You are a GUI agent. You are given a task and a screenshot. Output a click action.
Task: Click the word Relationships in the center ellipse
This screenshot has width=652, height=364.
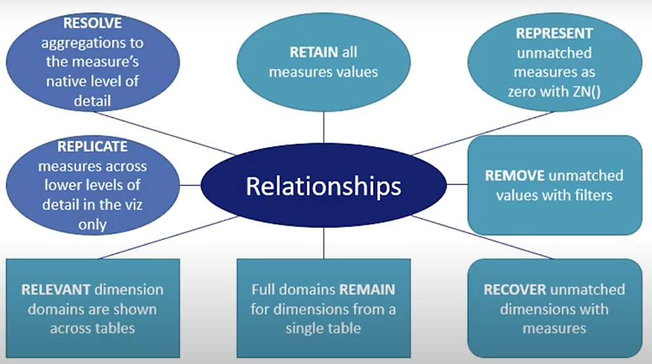tap(323, 186)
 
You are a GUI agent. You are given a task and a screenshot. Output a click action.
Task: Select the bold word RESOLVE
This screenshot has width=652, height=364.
tap(92, 23)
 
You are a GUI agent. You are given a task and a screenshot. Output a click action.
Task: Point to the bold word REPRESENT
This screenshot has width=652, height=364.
tap(554, 34)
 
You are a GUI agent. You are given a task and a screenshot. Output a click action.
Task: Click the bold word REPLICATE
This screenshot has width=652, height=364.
tap(92, 147)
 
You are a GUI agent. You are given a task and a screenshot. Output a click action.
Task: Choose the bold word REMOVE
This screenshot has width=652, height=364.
tap(515, 175)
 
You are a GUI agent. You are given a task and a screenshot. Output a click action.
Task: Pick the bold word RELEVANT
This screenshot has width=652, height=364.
tap(56, 290)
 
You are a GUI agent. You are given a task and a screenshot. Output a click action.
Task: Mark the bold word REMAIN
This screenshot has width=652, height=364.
tap(367, 290)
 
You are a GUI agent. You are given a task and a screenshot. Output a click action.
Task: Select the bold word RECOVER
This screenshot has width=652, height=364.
tap(515, 290)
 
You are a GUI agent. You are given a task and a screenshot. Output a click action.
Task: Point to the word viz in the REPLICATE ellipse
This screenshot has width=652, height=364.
tap(133, 205)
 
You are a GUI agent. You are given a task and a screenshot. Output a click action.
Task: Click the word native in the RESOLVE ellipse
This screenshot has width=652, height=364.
tap(66, 81)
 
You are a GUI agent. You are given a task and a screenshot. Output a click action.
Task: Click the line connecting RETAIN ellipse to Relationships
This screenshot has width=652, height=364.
tap(323, 128)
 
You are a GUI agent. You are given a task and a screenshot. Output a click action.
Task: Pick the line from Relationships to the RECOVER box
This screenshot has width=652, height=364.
tap(483, 238)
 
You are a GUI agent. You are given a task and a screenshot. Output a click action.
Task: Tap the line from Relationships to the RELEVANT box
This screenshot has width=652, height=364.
tap(168, 238)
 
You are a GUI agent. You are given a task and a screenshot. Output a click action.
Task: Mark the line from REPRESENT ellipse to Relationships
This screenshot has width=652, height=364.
tap(483, 133)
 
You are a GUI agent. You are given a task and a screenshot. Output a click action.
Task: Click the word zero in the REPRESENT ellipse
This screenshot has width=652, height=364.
tap(523, 91)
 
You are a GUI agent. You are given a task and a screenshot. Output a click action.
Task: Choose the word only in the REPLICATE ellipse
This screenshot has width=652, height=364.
tap(92, 225)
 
